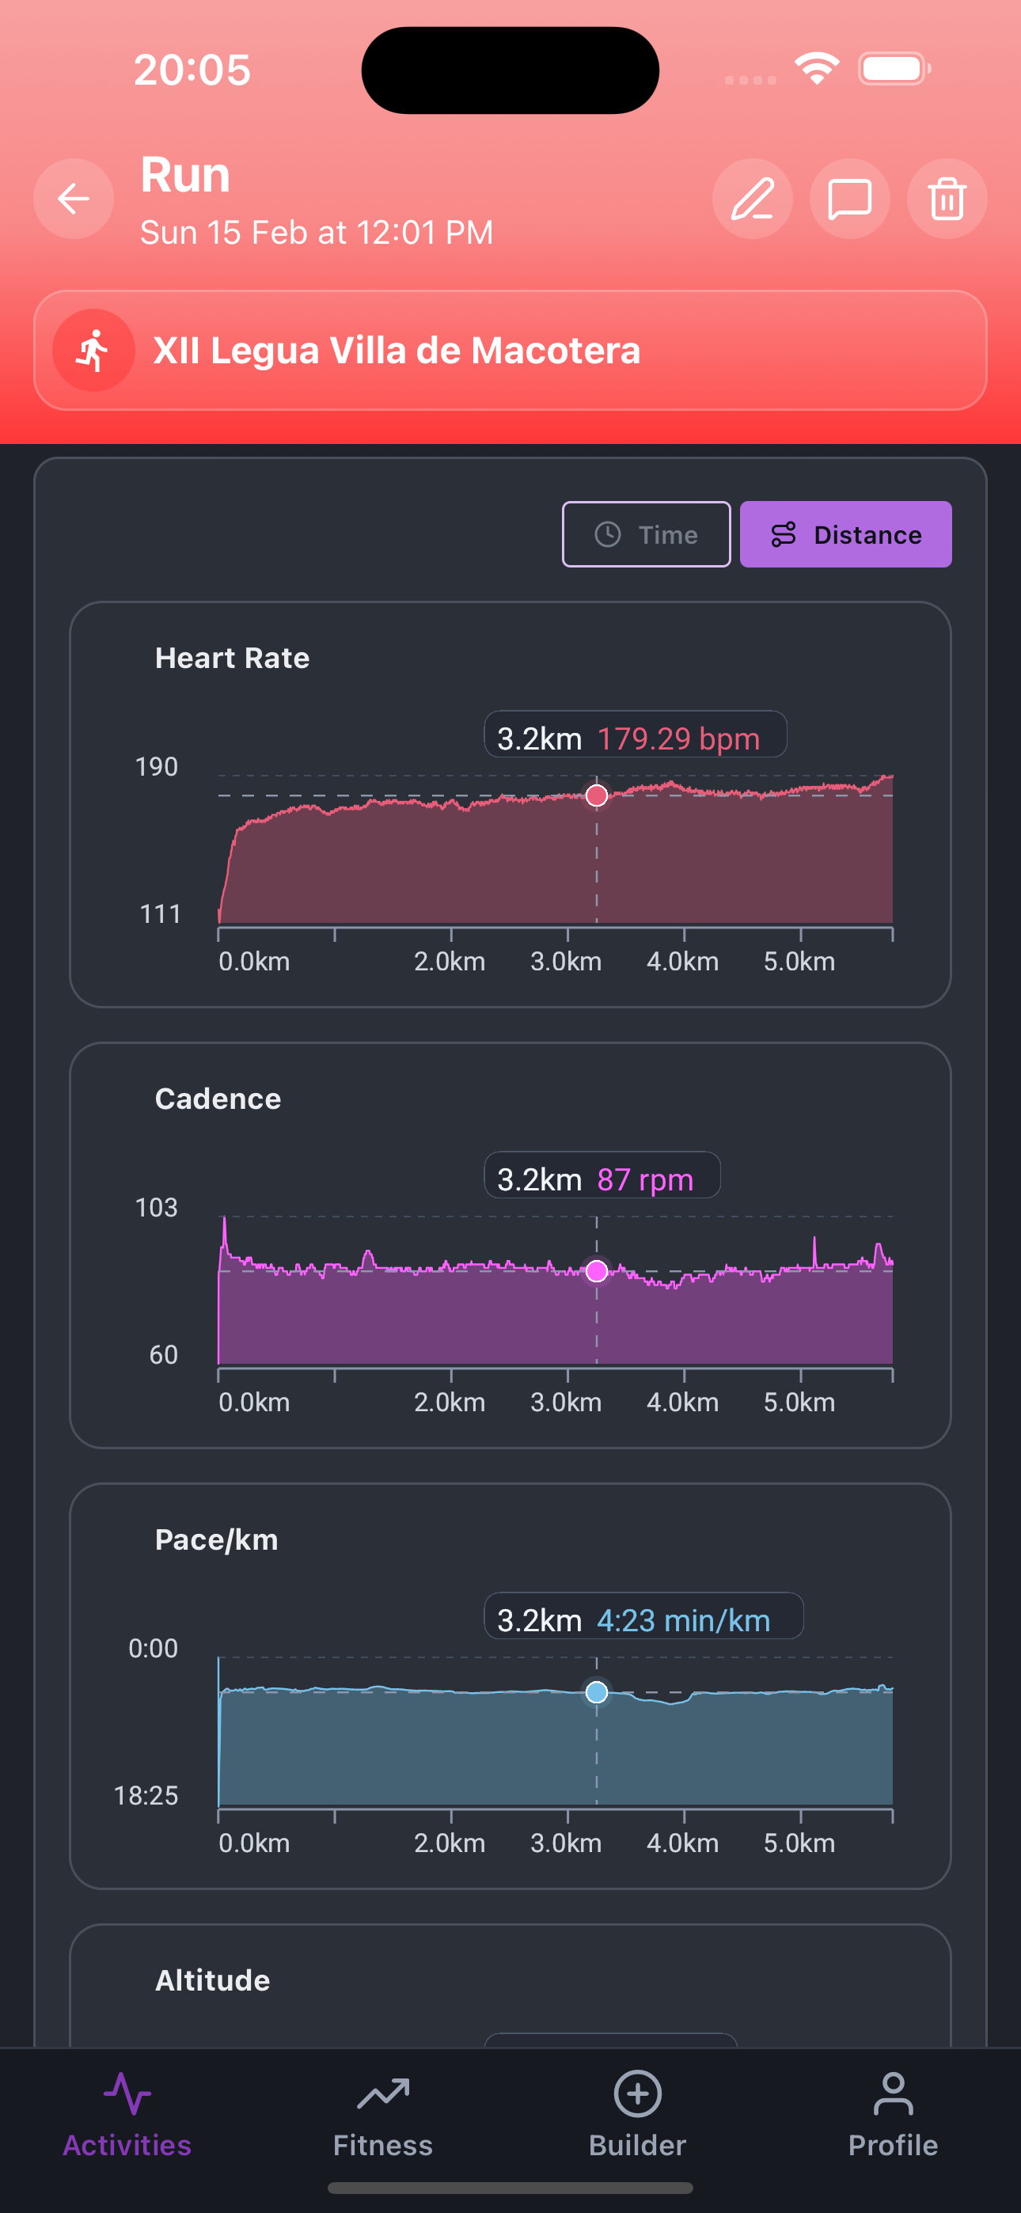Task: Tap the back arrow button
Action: [x=74, y=199]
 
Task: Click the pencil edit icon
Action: [x=752, y=199]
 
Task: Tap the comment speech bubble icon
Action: [x=849, y=199]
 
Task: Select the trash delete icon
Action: [x=947, y=199]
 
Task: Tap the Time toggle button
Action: [x=647, y=534]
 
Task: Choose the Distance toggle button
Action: [x=845, y=534]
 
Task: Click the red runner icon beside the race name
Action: [x=93, y=351]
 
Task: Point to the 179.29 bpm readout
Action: [x=678, y=738]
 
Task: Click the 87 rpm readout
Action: [x=644, y=1179]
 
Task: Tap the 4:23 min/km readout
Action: [x=683, y=1620]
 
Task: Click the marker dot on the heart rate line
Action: [x=597, y=795]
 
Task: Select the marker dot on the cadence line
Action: [x=597, y=1270]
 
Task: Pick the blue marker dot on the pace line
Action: [x=597, y=1692]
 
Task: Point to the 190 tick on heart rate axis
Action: [x=157, y=766]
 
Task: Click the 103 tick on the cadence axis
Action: [x=157, y=1207]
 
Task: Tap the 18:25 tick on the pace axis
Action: [x=146, y=1794]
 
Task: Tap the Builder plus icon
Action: [x=638, y=2093]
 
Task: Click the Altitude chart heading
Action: [x=212, y=1980]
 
